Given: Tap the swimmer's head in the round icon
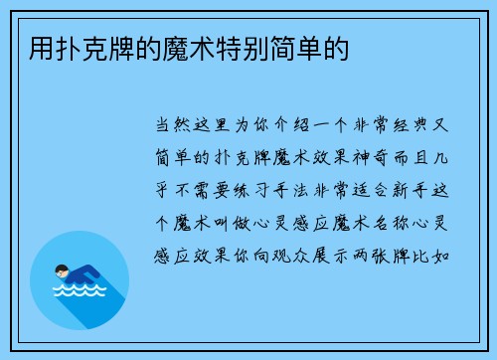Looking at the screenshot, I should click(x=62, y=269).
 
